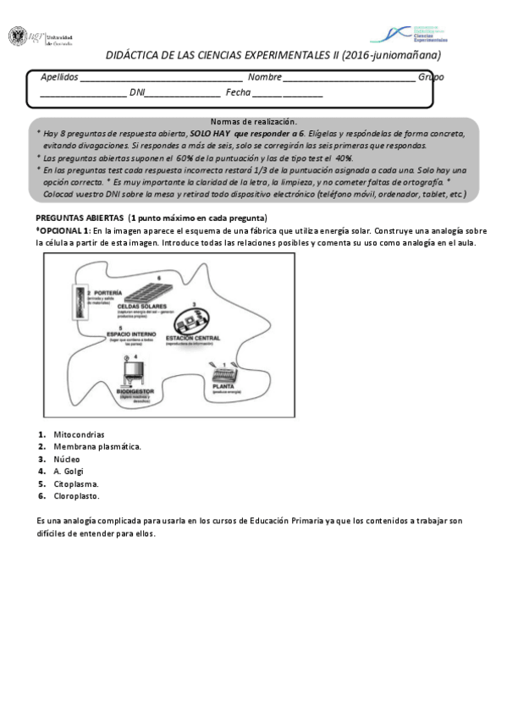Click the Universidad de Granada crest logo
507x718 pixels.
(x=18, y=36)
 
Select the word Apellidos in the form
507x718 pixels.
(x=58, y=77)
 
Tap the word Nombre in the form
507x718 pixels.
(x=264, y=77)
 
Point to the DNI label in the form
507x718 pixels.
(x=136, y=92)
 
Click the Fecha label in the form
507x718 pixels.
(x=238, y=92)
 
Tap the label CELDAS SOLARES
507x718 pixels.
(x=153, y=306)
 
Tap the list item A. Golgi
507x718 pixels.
(x=68, y=472)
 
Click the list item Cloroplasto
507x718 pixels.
(x=75, y=496)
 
